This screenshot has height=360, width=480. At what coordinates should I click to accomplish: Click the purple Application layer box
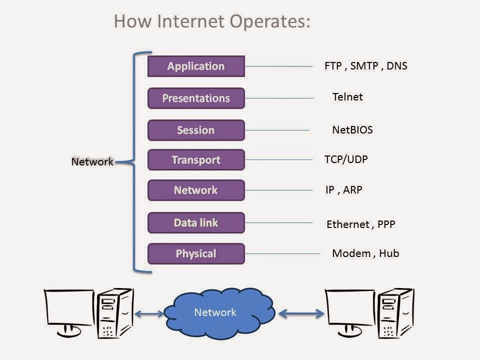coord(196,66)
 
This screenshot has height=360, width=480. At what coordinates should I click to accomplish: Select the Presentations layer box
coord(196,98)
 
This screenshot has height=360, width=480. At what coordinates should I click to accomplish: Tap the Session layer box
coord(196,130)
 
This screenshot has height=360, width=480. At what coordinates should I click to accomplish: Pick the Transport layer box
coord(196,160)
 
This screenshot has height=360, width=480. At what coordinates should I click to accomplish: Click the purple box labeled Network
coord(196,190)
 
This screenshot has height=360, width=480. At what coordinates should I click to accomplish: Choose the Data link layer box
coord(196,222)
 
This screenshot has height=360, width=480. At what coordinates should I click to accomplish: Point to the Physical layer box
coord(196,253)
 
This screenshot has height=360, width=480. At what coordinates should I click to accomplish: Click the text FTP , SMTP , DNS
coord(365,65)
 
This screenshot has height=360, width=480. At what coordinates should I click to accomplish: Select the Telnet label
coord(347,97)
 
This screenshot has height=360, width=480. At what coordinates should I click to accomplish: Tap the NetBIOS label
coord(352,130)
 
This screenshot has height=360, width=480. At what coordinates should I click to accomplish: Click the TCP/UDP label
coord(346,159)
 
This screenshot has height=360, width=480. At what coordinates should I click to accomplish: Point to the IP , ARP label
coord(343,190)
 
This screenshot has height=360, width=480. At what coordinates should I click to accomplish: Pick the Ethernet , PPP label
coord(360,224)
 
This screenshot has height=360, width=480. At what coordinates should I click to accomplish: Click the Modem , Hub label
coord(365,253)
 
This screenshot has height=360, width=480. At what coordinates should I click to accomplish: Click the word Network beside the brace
coord(92,162)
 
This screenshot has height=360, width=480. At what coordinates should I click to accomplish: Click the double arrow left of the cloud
coord(148,314)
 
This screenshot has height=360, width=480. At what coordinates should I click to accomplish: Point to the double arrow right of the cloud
coord(301,314)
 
